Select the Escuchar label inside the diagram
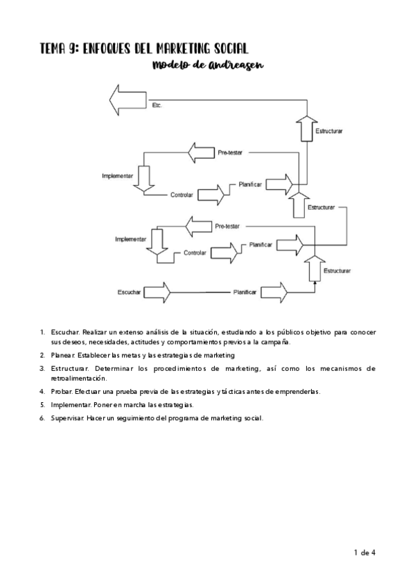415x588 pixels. tap(129, 293)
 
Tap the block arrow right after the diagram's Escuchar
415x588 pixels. tap(157, 292)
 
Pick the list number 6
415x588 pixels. tap(43, 417)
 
